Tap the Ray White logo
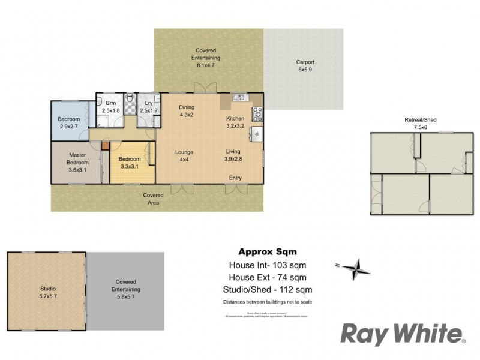pyautogui.click(x=403, y=334)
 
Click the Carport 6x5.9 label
pyautogui.click(x=305, y=66)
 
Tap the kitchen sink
pyautogui.click(x=239, y=98)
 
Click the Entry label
pyautogui.click(x=236, y=178)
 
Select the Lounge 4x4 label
pyautogui.click(x=184, y=155)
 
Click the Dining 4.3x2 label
pyautogui.click(x=187, y=111)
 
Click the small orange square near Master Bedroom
pyautogui.click(x=106, y=145)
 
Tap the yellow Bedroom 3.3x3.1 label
pyautogui.click(x=130, y=162)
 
